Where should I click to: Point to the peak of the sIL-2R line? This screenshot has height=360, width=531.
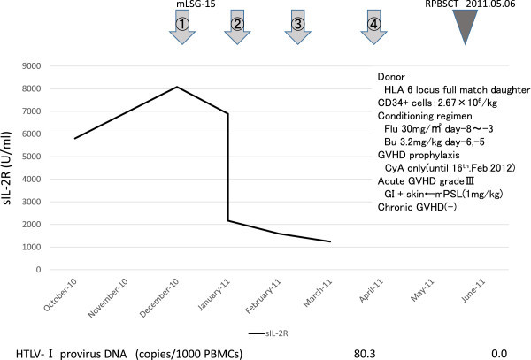[178, 87]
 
